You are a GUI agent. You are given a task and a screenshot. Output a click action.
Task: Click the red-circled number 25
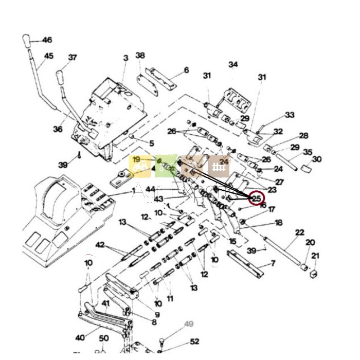point(256,197)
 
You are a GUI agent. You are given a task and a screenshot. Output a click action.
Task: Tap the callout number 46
point(47,40)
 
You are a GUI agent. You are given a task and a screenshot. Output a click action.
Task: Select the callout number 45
point(49,56)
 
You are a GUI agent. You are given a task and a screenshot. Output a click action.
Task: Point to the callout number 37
point(73,58)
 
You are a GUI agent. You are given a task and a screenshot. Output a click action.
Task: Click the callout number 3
point(126,59)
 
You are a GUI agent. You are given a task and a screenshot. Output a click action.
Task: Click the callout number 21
point(315,256)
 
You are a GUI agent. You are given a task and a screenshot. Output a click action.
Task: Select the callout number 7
point(273,264)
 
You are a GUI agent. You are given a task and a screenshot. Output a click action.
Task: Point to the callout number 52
point(194,341)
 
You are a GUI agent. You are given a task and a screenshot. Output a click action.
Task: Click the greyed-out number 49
point(189,324)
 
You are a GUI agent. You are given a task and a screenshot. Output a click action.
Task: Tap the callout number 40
point(80,338)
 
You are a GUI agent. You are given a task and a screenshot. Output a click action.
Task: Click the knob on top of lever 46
point(26,40)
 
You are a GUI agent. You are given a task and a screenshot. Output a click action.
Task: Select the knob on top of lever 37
point(60,77)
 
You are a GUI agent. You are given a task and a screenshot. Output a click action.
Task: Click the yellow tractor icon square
point(139,166)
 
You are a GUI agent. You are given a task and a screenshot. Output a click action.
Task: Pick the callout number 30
point(317,159)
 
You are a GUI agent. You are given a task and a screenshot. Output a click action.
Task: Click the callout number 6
point(186,70)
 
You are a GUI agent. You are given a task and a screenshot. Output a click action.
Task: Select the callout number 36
point(57,129)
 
